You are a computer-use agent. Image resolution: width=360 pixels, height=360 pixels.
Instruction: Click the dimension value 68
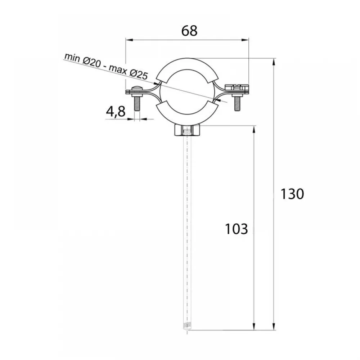(189, 31)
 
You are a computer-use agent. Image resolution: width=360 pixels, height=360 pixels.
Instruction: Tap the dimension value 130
(292, 194)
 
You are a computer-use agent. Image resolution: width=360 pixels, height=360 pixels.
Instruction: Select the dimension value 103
(236, 229)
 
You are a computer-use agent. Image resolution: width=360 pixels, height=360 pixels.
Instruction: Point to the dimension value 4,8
(116, 112)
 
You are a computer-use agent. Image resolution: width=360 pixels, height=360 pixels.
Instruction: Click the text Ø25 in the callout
(139, 75)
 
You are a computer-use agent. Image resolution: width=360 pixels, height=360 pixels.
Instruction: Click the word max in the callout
(118, 69)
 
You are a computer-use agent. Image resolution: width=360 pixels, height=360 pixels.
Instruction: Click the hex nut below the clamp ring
(187, 130)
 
